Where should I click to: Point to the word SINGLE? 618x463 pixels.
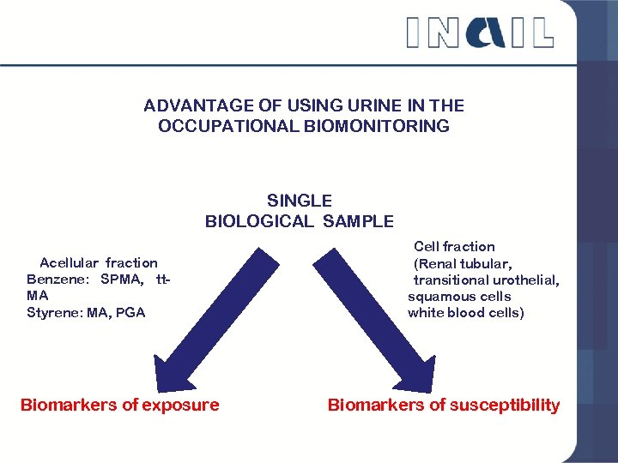299,201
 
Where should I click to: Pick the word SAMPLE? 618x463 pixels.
358,221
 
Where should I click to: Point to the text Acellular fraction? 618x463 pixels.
99,262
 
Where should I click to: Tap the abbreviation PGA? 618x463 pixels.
130,312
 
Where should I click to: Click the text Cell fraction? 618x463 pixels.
454,246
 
